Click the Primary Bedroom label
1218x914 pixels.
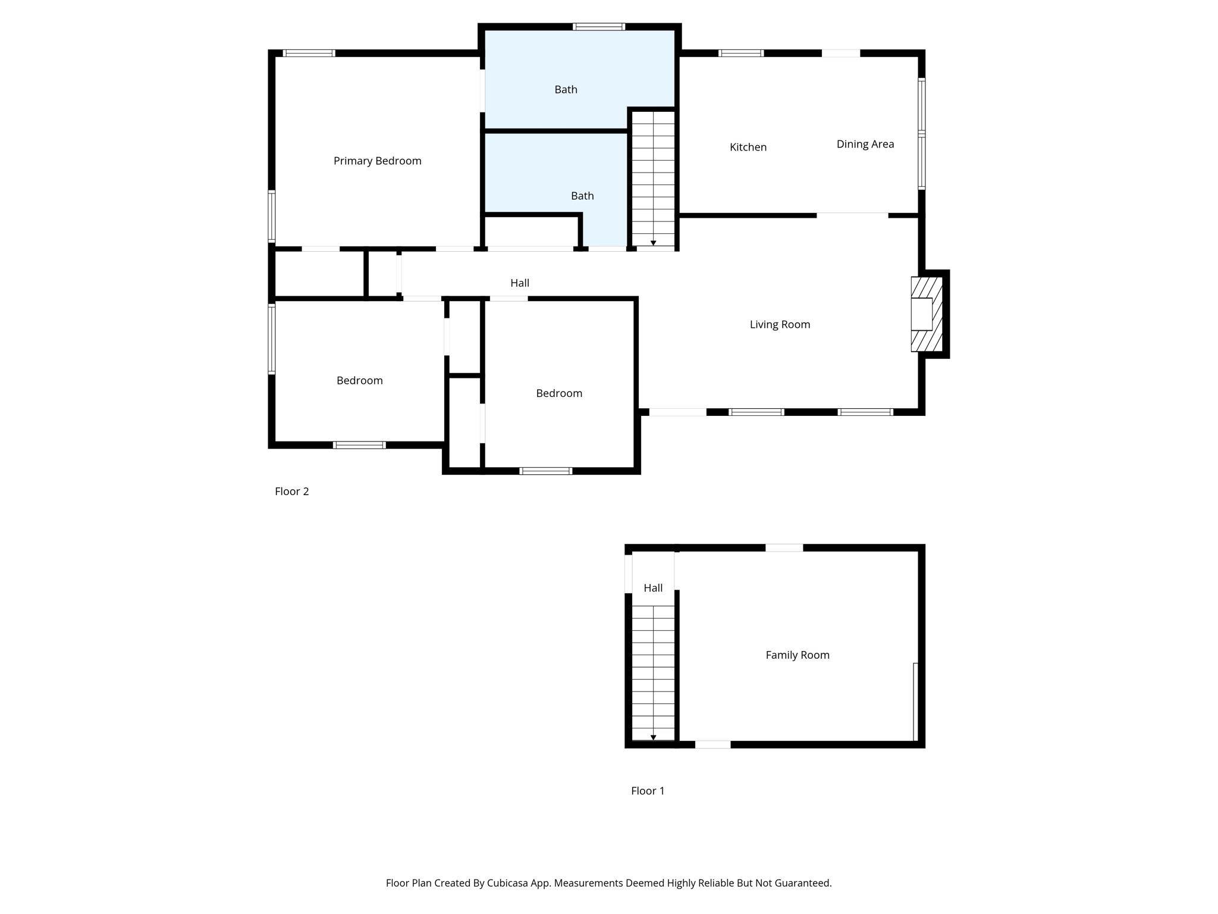(377, 161)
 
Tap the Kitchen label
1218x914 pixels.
(748, 147)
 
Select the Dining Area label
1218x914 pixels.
(865, 144)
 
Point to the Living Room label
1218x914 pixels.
(779, 324)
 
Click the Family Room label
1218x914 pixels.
(797, 655)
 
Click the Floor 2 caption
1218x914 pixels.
(291, 492)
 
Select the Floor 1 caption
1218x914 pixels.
(647, 791)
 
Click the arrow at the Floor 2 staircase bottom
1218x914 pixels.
(653, 243)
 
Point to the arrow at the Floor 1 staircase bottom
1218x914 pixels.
(653, 737)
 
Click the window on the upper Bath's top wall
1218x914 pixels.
(598, 27)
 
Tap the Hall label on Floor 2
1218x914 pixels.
(519, 283)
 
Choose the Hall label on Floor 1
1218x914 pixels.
(652, 588)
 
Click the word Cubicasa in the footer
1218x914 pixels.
(510, 883)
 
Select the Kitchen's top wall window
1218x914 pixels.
(740, 53)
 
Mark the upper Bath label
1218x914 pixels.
(566, 90)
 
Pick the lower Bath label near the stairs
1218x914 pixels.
(582, 196)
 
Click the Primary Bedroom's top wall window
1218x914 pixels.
(309, 53)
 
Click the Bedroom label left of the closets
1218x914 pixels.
(359, 381)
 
